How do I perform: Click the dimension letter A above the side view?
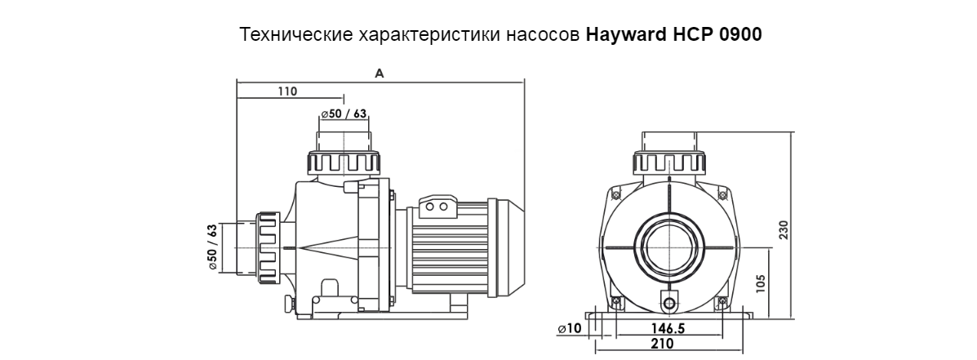click(380, 73)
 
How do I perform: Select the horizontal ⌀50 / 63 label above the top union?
click(344, 113)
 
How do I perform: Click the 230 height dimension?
click(784, 229)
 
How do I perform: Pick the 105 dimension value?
click(761, 282)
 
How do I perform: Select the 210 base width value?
click(662, 344)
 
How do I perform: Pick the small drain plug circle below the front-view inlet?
click(670, 304)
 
